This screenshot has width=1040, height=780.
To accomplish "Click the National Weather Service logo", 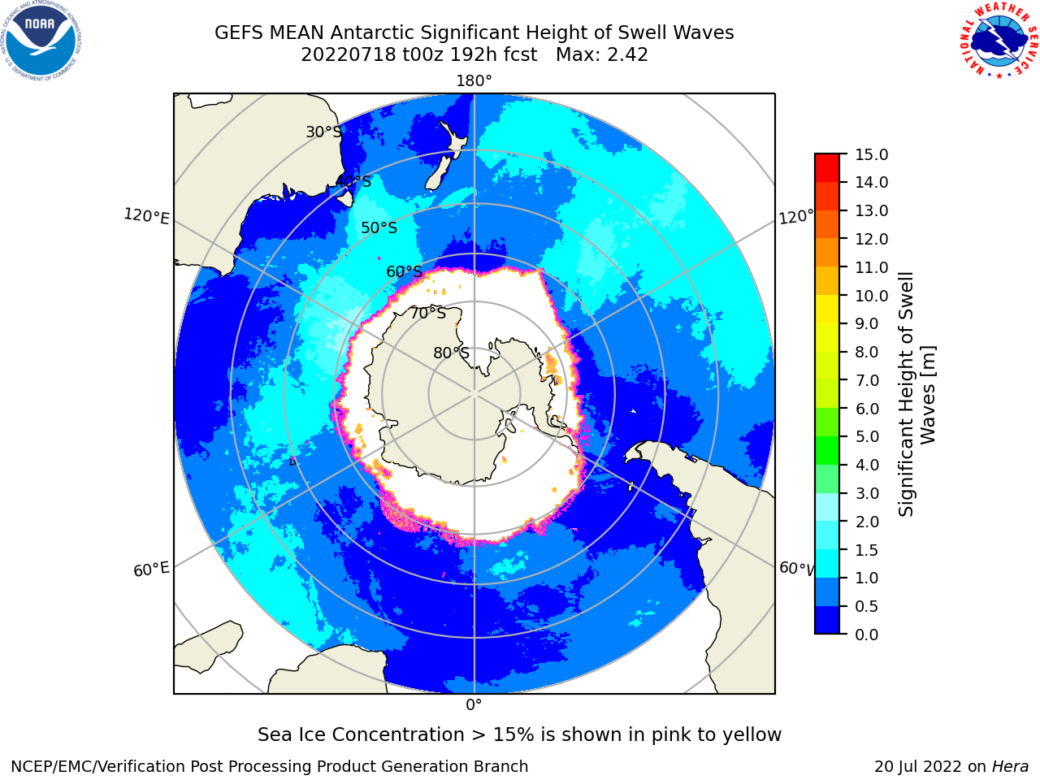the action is click(x=999, y=41).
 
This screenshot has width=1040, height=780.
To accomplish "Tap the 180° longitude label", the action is click(x=474, y=81).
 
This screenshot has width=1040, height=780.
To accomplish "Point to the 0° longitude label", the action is click(x=474, y=705).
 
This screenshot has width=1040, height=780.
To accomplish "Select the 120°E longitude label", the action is click(x=146, y=216).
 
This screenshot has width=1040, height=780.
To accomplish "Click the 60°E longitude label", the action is click(x=151, y=570).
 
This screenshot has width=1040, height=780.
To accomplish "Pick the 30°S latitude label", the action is click(x=323, y=132).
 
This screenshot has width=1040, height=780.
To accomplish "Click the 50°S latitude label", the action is click(x=379, y=227).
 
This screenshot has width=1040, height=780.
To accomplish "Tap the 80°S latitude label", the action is click(x=451, y=353).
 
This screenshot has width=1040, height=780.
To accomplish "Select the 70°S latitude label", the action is click(x=428, y=313).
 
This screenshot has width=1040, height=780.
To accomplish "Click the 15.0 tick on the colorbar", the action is click(x=871, y=154).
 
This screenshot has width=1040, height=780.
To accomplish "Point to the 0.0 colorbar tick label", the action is click(x=867, y=635).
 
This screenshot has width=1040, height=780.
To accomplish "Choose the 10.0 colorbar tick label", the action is click(x=871, y=296).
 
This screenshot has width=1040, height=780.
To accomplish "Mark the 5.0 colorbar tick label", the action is click(x=867, y=436).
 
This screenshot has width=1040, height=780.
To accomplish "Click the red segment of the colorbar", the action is click(x=827, y=168).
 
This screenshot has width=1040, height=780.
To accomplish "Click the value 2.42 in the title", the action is click(x=628, y=55).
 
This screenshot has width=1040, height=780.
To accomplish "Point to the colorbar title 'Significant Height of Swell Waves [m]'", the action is click(x=916, y=394).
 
